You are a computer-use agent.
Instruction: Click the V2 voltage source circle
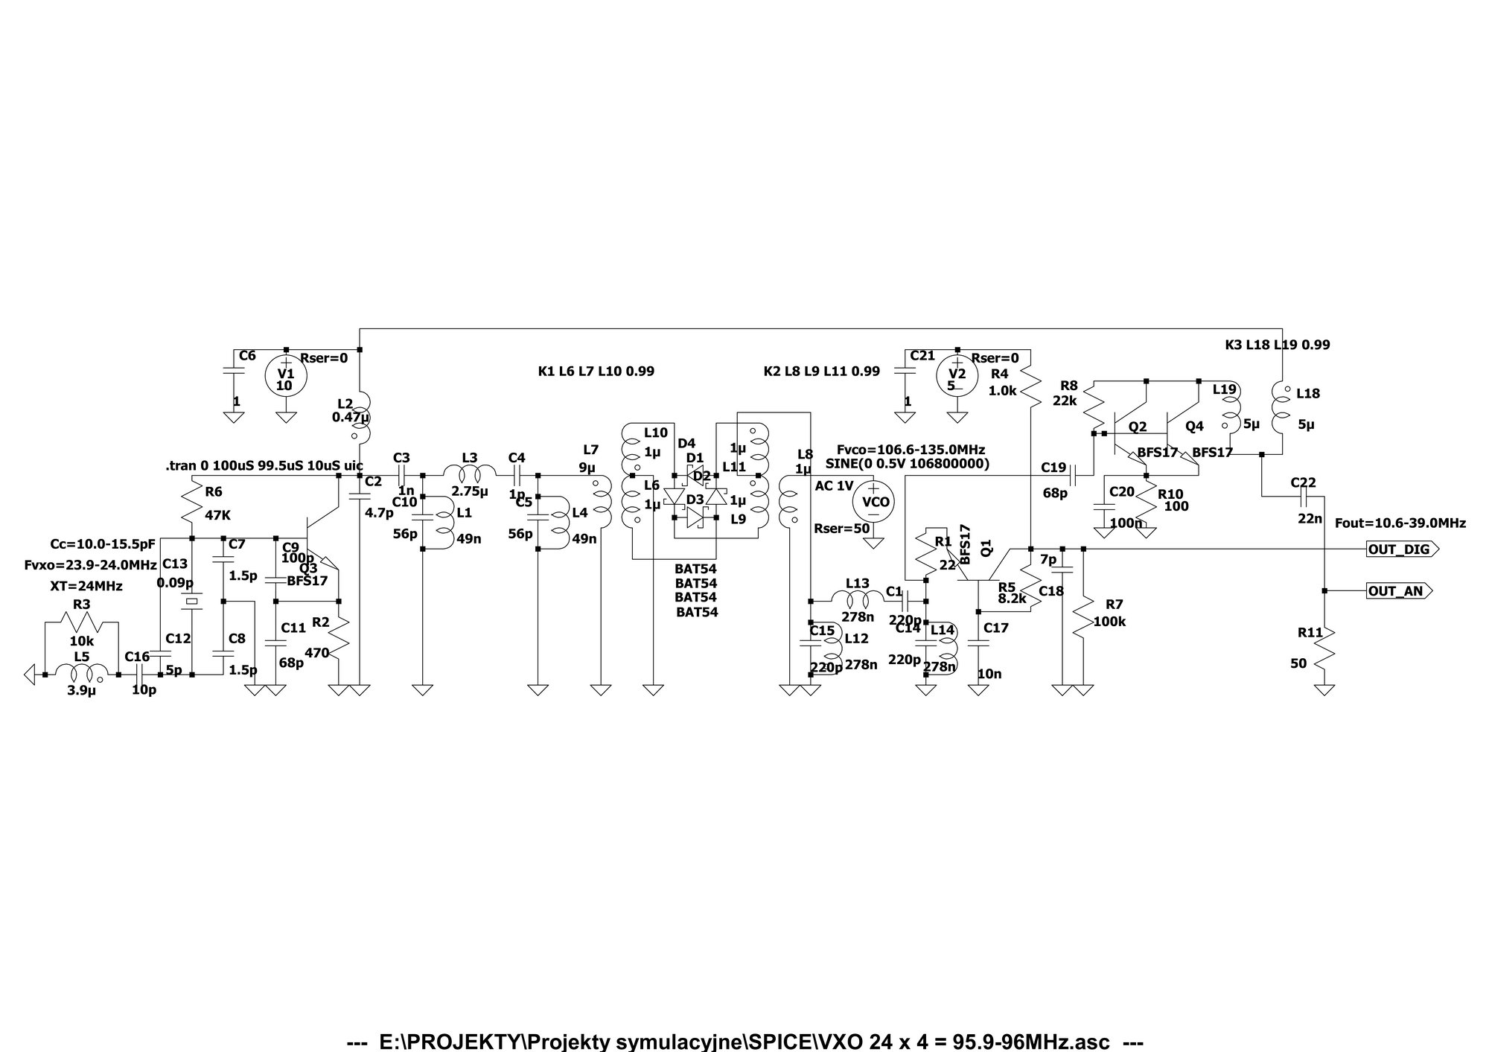[x=957, y=374]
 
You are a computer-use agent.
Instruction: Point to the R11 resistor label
[x=1310, y=633]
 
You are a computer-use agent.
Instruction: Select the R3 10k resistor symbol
[x=81, y=622]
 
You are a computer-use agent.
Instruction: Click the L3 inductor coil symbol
[x=470, y=473]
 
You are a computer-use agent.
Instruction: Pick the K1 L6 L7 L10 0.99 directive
[x=596, y=371]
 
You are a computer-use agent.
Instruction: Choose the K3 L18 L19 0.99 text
[x=1277, y=345]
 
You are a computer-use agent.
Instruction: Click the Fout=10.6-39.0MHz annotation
[x=1400, y=523]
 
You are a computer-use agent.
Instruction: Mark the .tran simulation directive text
[x=264, y=466]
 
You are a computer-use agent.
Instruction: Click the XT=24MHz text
[x=86, y=586]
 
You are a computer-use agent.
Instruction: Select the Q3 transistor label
[x=307, y=568]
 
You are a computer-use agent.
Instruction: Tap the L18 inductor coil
[x=1282, y=408]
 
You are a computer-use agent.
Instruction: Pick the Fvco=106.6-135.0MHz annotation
[x=911, y=450]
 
